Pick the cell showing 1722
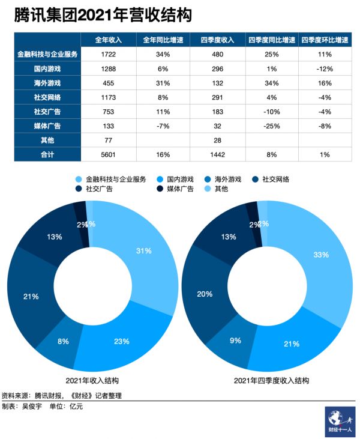pyautogui.click(x=109, y=54)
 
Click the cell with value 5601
pyautogui.click(x=109, y=155)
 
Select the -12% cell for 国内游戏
pyautogui.click(x=325, y=68)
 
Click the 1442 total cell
pyautogui.click(x=217, y=155)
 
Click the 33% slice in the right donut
pyautogui.click(x=320, y=255)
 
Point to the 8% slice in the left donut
pyautogui.click(x=62, y=341)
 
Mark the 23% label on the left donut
pyautogui.click(x=121, y=341)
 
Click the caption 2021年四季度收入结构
pyautogui.click(x=266, y=381)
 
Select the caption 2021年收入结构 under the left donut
pyautogui.click(x=92, y=381)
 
